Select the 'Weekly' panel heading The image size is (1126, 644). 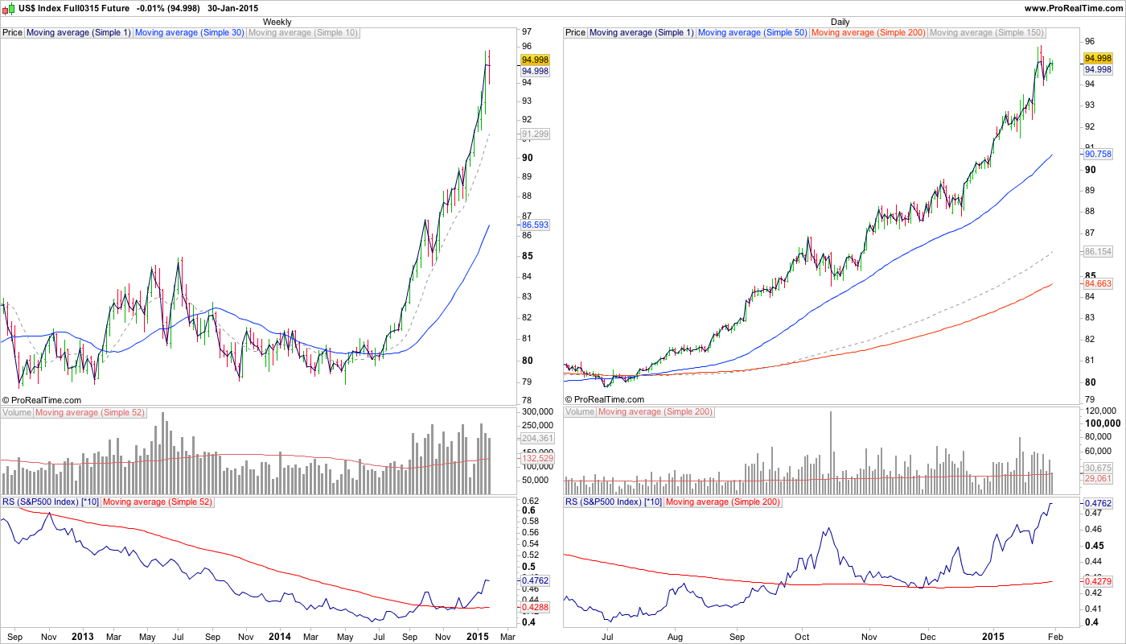[x=277, y=22]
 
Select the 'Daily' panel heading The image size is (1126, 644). [x=840, y=22]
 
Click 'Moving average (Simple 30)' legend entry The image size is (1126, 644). [x=190, y=33]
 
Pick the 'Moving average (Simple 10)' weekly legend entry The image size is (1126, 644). [x=303, y=33]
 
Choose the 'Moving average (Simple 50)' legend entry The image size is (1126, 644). [x=753, y=33]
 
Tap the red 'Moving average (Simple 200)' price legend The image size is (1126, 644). [x=868, y=33]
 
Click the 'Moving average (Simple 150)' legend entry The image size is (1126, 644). [x=986, y=33]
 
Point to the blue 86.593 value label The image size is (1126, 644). [x=535, y=225]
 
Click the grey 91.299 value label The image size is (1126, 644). [x=535, y=134]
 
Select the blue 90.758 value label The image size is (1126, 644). [x=1098, y=153]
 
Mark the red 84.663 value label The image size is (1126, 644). [x=1098, y=283]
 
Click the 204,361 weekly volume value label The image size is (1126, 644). [x=535, y=439]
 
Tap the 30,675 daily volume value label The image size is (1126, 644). [x=1098, y=468]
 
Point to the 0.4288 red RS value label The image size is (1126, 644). [x=535, y=607]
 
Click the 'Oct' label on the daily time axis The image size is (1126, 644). [x=801, y=636]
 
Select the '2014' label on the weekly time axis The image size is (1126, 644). [x=279, y=636]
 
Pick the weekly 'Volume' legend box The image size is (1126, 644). [x=17, y=413]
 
